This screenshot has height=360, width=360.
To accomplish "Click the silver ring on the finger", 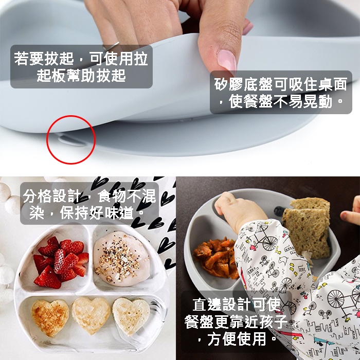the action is [x=111, y=46].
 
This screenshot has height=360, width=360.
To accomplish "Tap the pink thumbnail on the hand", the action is [x=227, y=60].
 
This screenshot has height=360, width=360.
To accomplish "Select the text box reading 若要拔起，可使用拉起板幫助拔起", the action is [x=81, y=66].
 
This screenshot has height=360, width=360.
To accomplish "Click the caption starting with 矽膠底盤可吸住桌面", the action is [x=281, y=92].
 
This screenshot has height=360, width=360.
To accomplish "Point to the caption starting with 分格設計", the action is [x=89, y=204].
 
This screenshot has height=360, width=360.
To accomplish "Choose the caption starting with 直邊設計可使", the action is [x=236, y=321].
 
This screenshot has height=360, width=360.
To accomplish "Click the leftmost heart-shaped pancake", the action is [x=50, y=317].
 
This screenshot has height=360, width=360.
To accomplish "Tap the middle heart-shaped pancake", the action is [x=91, y=315].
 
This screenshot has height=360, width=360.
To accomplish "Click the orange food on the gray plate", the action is [x=216, y=258].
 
